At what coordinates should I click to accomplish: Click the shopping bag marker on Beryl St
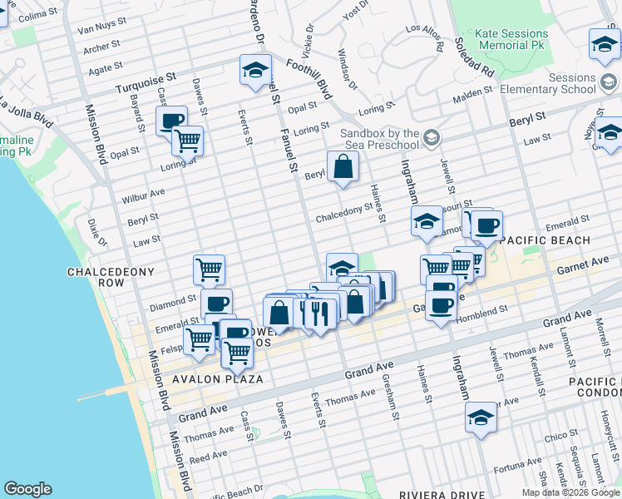tap(343, 168)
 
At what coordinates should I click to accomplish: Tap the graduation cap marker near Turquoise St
tap(255, 70)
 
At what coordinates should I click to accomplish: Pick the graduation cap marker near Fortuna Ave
tap(481, 419)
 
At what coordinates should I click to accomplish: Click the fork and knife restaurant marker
tap(317, 313)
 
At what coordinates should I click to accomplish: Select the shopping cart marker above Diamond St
tap(209, 269)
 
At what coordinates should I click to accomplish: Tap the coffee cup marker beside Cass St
tap(172, 121)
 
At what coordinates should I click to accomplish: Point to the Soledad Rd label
tap(474, 57)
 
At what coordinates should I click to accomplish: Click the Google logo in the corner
tap(27, 489)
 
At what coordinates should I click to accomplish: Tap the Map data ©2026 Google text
tap(570, 492)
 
